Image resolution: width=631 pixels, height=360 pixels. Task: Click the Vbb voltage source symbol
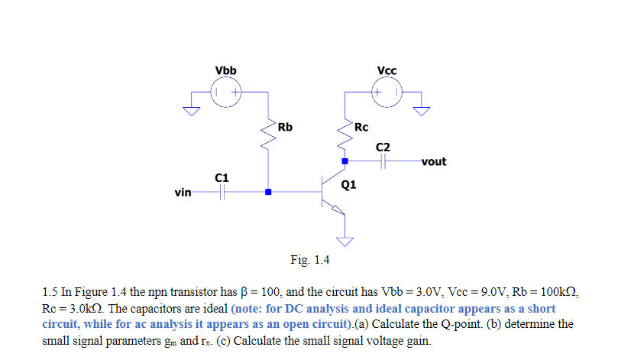(226, 92)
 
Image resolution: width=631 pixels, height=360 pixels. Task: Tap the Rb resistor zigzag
(267, 136)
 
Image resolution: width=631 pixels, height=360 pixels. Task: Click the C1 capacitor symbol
(222, 192)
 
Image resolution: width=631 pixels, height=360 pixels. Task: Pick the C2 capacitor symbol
(383, 161)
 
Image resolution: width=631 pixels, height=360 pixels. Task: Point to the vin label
(183, 192)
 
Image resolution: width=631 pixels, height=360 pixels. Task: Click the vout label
(433, 161)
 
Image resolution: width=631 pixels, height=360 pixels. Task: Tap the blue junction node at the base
(267, 192)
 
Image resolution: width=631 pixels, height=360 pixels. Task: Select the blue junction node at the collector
(345, 161)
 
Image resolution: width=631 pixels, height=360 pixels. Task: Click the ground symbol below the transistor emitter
(345, 242)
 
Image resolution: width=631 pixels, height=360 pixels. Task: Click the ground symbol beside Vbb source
(189, 110)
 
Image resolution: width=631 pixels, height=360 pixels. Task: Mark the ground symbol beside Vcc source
(422, 110)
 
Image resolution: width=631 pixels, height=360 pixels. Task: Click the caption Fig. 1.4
(309, 260)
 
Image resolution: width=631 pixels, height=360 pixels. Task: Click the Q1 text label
(349, 184)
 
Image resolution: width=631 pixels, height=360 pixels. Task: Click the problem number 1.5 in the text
(50, 293)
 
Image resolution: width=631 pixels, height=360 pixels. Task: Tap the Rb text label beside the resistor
(285, 126)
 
